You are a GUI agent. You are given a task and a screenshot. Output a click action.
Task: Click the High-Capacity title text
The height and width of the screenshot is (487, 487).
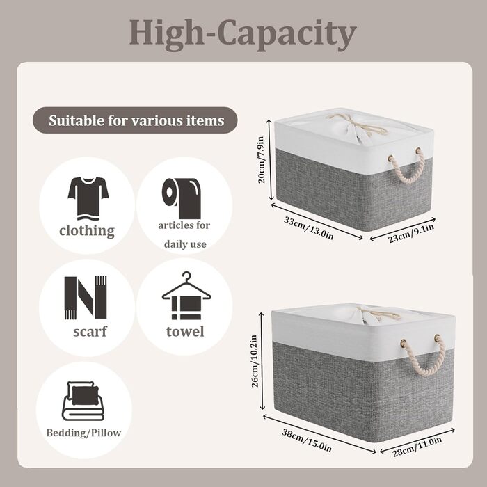(243, 34)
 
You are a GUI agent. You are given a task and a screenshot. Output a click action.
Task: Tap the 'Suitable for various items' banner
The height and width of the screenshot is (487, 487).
(135, 120)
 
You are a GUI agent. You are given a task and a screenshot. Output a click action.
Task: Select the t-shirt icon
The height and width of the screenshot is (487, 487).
(88, 198)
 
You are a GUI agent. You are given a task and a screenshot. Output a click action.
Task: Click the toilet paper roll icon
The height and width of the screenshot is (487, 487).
(182, 198)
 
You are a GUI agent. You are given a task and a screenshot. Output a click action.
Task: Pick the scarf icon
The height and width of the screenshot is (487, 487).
(86, 298)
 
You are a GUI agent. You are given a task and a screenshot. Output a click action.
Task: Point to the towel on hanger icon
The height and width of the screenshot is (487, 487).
(186, 296)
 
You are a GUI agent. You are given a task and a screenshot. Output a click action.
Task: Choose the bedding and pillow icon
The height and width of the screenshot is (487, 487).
(83, 401)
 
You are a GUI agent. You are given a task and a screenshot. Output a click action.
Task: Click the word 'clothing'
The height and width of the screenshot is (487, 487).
(87, 231)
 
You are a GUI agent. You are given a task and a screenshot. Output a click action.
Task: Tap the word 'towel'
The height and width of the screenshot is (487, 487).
(185, 331)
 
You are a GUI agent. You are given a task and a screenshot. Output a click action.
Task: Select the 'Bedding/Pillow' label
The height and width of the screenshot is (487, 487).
(83, 433)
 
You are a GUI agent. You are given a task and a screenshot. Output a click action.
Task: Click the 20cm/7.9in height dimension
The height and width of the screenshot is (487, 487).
(261, 159)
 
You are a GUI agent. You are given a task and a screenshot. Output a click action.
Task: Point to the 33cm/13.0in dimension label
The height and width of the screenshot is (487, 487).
(308, 228)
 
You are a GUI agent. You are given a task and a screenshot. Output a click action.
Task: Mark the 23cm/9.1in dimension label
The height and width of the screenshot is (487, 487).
(411, 233)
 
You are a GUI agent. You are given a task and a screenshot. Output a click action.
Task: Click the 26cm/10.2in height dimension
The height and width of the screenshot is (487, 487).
(255, 360)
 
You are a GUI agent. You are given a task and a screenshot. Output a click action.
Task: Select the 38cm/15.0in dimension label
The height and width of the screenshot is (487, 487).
(307, 440)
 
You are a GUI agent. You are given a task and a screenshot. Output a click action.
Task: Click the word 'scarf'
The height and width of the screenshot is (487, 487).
(90, 331)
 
